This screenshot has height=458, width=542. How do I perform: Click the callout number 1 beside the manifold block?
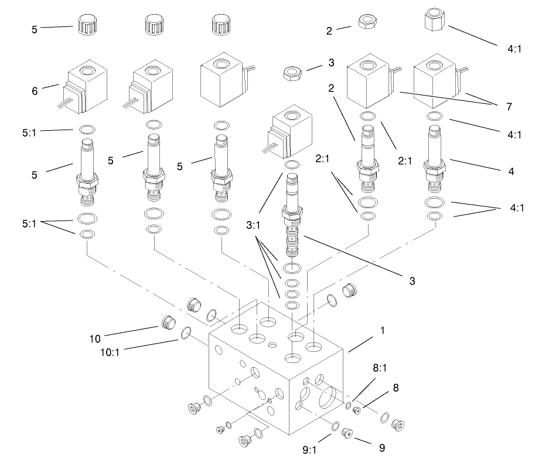tap(382, 331)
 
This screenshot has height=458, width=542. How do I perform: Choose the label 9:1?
tap(309, 450)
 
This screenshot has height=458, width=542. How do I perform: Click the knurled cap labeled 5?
tap(86, 25)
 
